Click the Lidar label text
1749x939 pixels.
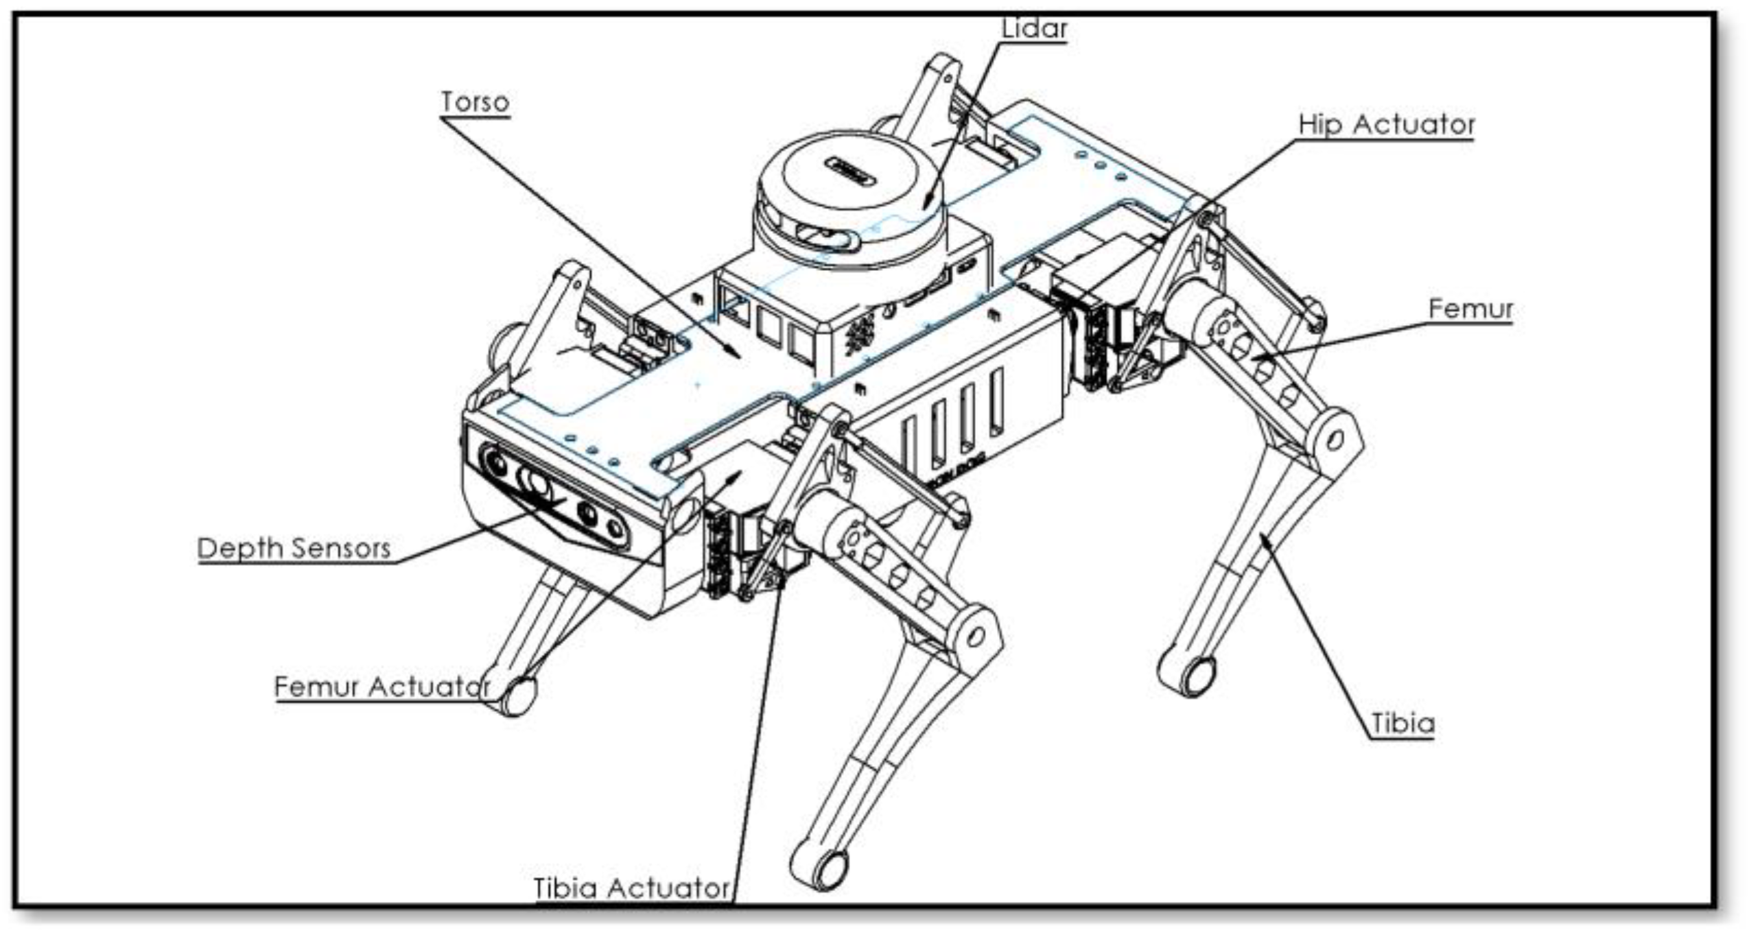[x=1034, y=29]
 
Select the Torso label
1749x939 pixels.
[x=475, y=102]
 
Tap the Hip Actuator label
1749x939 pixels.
[x=1386, y=125]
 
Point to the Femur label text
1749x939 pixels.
[x=1470, y=309]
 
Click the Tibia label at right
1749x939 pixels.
[x=1402, y=724]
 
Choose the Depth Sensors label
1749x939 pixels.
[x=294, y=548]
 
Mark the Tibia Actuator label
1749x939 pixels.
[x=631, y=888]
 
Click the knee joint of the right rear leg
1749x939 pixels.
[x=1335, y=439]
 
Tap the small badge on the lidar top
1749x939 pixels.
[x=851, y=171]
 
